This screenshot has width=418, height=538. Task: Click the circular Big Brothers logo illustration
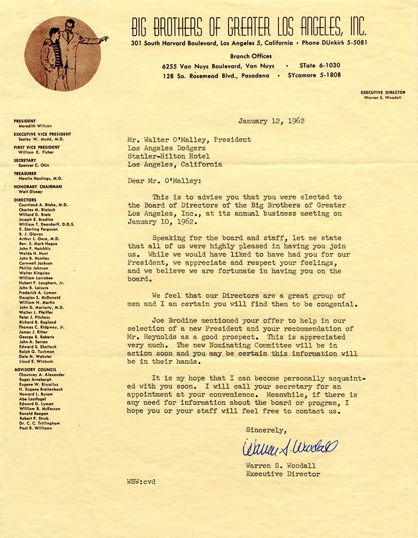tap(63, 54)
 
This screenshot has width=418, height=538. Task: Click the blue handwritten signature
tap(289, 448)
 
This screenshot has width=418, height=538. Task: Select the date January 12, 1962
tap(271, 121)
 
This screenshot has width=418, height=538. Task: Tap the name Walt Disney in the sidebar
tap(30, 191)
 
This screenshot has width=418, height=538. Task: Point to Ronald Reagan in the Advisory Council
tap(33, 414)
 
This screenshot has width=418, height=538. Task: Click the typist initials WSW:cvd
tap(141, 481)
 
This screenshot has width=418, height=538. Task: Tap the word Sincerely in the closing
tap(266, 430)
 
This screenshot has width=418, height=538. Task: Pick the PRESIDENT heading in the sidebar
tap(25, 121)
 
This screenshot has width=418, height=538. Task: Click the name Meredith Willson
tap(35, 126)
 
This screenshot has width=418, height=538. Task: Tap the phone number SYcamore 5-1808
tap(314, 75)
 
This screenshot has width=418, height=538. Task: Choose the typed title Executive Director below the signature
tap(283, 474)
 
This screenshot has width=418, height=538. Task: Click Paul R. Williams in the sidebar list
tap(35, 428)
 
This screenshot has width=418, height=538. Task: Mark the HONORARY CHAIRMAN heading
tap(37, 187)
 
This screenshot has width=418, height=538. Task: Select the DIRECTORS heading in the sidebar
tap(25, 200)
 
